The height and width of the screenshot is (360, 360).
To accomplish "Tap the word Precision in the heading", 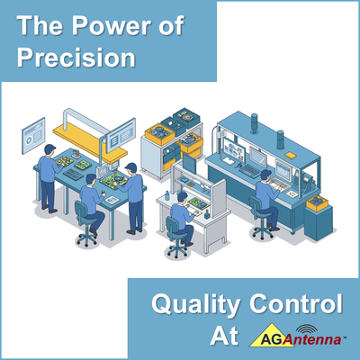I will [x=74, y=59].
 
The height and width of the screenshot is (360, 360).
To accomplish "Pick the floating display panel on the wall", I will [x=34, y=133].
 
